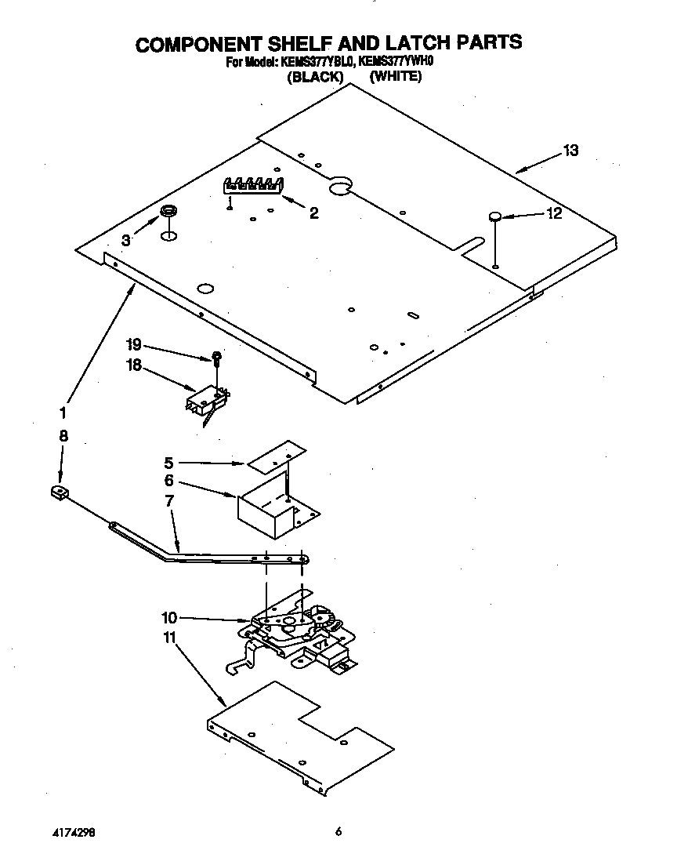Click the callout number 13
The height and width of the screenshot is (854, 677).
point(570,151)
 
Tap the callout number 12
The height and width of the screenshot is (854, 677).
point(554,213)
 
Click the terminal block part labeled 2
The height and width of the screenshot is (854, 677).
point(252,186)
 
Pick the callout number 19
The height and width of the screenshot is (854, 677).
point(133,343)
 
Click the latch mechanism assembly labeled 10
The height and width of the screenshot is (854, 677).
point(298,627)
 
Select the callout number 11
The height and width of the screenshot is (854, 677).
point(170,638)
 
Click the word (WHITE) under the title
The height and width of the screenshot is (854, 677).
point(396,76)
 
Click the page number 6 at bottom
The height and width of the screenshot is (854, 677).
point(338,832)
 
